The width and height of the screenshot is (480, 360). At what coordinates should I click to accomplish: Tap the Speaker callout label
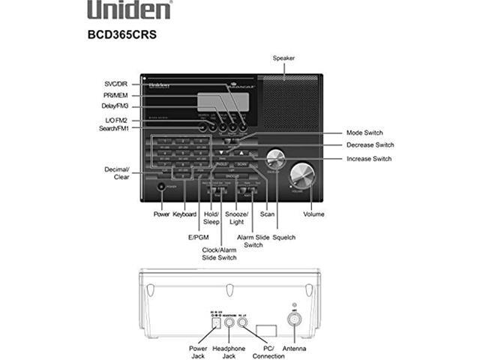[x=283, y=58]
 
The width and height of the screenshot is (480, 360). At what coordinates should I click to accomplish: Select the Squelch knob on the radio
[x=275, y=160]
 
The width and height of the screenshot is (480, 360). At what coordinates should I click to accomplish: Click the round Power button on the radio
[x=161, y=186]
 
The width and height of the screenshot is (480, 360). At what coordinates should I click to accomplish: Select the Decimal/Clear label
[x=117, y=174]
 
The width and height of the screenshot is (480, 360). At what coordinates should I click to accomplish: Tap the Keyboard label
[x=184, y=214]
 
